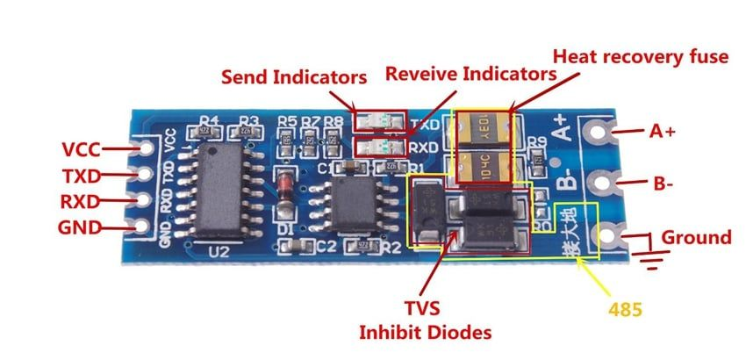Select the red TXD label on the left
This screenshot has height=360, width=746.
pos(81,175)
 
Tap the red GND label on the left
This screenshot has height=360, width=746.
pos(80,230)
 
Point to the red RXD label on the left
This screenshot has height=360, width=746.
pos(81,202)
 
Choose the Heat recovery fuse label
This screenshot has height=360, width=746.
pos(641,57)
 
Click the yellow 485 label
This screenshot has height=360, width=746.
pos(625,309)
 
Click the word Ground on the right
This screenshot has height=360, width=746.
pos(696,237)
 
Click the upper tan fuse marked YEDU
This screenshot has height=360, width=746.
pos(482,127)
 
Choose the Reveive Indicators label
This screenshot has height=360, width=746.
pos(471,75)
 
